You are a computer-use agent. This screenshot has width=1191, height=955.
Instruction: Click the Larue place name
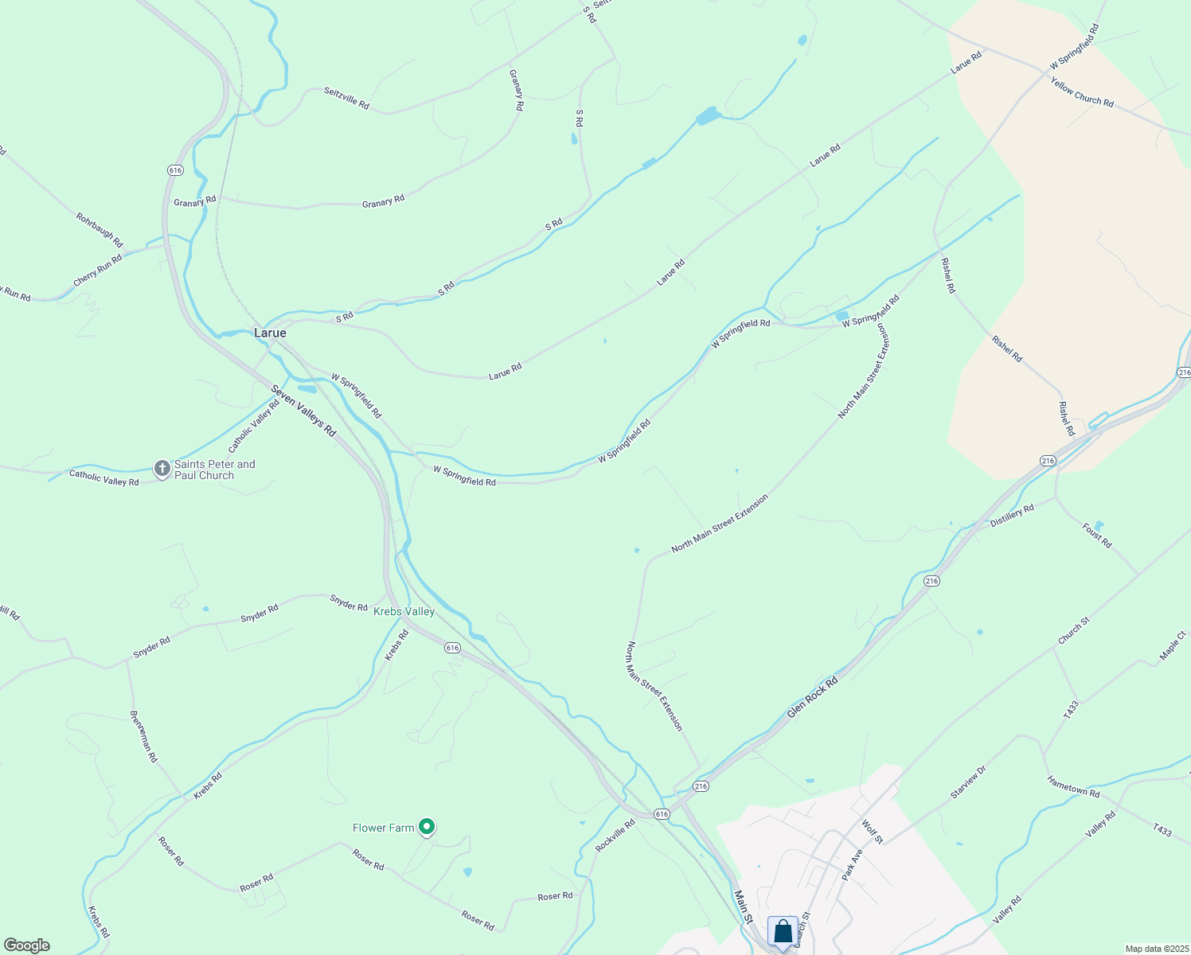(x=270, y=333)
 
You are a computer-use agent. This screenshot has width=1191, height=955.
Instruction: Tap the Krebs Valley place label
(x=404, y=611)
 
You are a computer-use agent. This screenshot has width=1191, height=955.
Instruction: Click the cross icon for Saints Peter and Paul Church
(x=162, y=470)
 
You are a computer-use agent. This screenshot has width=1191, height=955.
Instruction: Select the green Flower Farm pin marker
(x=427, y=828)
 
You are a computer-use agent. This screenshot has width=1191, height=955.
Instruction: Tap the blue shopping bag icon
(x=783, y=932)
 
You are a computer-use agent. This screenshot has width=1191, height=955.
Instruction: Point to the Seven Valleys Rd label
(x=303, y=411)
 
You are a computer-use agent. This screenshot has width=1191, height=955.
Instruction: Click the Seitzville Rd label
(x=346, y=98)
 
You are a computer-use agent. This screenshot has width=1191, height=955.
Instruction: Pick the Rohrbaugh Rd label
(x=100, y=229)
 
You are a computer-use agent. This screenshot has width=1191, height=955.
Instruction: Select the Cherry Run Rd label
(x=98, y=271)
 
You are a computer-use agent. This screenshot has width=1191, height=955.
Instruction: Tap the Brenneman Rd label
(x=144, y=737)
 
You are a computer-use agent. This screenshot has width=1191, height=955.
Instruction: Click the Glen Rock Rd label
(x=812, y=698)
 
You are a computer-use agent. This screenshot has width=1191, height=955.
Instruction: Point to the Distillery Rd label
(x=1012, y=515)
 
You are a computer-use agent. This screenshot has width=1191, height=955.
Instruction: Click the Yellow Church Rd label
(x=1081, y=92)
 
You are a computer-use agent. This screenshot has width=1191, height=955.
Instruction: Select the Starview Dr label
(x=968, y=782)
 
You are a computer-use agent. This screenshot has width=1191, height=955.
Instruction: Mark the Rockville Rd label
(x=615, y=836)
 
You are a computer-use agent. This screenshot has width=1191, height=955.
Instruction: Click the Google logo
(x=27, y=945)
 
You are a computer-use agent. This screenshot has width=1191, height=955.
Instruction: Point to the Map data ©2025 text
(x=1156, y=949)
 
